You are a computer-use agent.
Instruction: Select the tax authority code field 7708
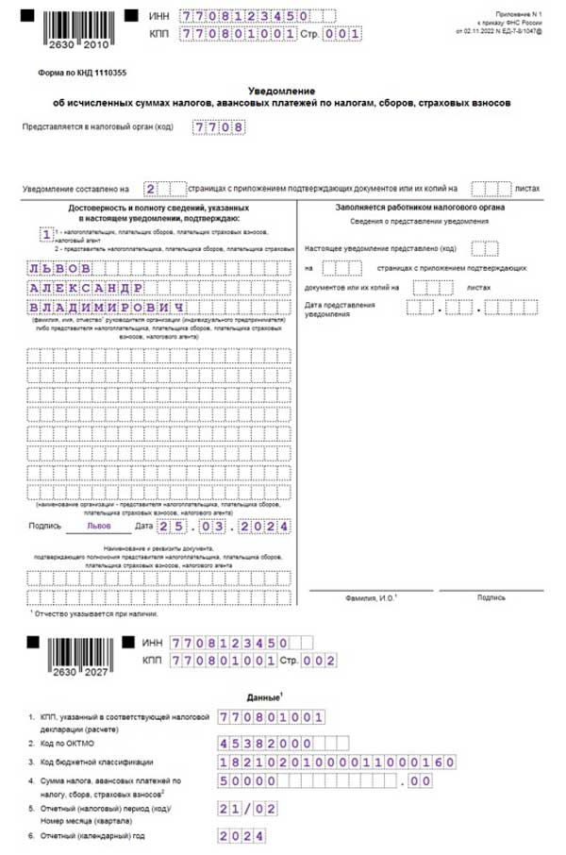point(216,127)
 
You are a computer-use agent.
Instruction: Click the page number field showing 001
point(342,34)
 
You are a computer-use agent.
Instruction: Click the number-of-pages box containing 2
point(151,188)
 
